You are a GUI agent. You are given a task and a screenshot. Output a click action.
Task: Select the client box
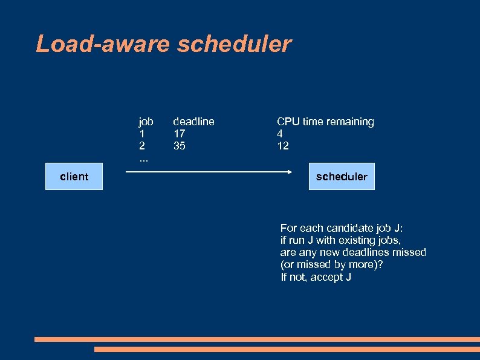pyautogui.click(x=74, y=176)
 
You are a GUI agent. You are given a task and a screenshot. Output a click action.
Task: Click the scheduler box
pyautogui.click(x=341, y=176)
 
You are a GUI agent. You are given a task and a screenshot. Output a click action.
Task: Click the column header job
pyautogui.click(x=146, y=122)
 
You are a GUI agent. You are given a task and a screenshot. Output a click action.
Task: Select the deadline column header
pyautogui.click(x=193, y=122)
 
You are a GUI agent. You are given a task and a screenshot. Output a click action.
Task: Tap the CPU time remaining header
pyautogui.click(x=325, y=122)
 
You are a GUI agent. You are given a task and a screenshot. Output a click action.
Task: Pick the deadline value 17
pyautogui.click(x=180, y=134)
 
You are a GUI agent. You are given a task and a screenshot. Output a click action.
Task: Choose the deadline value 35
pyautogui.click(x=180, y=146)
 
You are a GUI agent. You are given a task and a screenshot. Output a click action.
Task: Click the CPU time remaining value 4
pyautogui.click(x=280, y=134)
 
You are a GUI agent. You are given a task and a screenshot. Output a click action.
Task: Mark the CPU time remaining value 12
pyautogui.click(x=283, y=146)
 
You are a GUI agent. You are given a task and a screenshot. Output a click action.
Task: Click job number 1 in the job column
pyautogui.click(x=141, y=134)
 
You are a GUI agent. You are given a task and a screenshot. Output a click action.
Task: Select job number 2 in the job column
pyautogui.click(x=142, y=146)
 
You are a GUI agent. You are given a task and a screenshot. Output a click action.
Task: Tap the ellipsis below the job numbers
pyautogui.click(x=143, y=160)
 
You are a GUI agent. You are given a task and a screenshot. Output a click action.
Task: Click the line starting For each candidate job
pyautogui.click(x=341, y=228)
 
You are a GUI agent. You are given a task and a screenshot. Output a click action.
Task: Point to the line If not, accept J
pyautogui.click(x=316, y=277)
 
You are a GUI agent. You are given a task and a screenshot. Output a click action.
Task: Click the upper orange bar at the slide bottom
pyautogui.click(x=257, y=339)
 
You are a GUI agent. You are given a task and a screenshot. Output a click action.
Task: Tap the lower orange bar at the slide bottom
pyautogui.click(x=287, y=349)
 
